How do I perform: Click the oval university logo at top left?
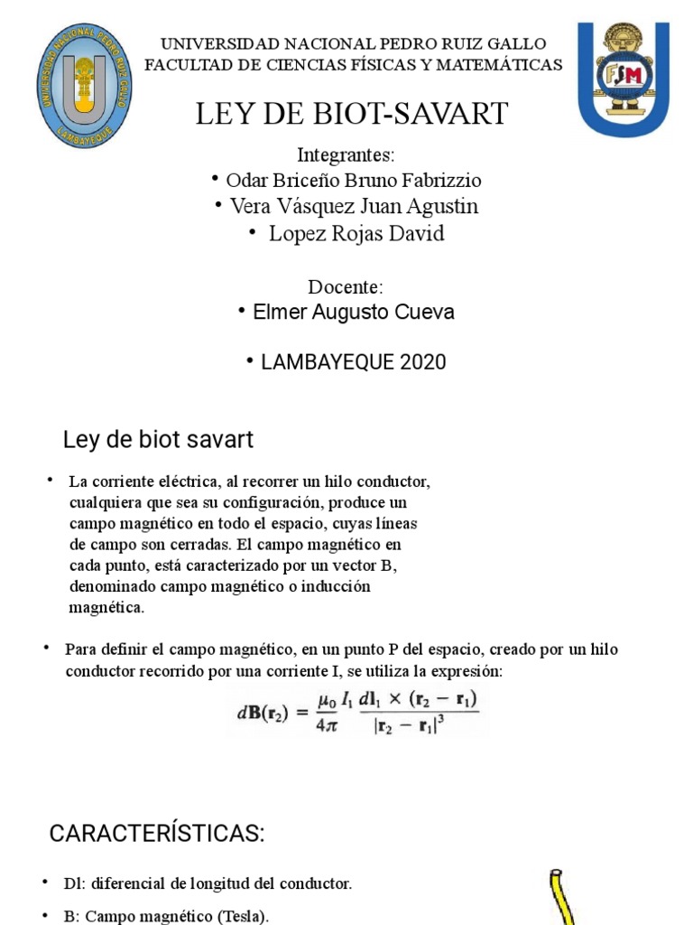click(84, 87)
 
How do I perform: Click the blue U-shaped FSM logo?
click(624, 79)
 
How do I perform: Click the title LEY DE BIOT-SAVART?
click(353, 115)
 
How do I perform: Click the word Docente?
click(346, 286)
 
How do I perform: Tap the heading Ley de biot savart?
click(158, 440)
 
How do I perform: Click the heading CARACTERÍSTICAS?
click(157, 834)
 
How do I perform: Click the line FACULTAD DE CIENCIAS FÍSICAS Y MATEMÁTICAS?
click(353, 64)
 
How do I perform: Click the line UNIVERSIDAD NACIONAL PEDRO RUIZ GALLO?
click(353, 44)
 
